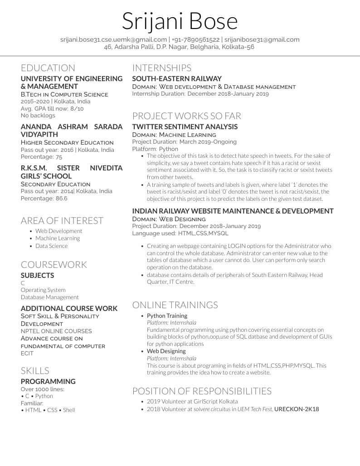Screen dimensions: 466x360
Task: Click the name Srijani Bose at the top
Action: click(x=180, y=21)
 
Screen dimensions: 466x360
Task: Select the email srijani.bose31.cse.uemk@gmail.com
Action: click(x=113, y=40)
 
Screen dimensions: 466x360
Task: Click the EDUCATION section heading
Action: click(x=48, y=68)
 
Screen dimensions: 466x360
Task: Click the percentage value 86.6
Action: click(x=61, y=199)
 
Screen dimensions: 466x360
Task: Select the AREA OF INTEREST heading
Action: click(x=62, y=221)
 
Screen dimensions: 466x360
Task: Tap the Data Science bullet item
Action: click(x=51, y=246)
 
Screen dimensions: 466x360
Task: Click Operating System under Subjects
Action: click(x=43, y=290)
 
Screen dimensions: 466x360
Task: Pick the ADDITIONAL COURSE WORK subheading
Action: click(x=69, y=309)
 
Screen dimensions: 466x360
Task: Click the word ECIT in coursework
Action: click(x=27, y=353)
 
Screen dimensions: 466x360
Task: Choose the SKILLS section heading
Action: click(x=35, y=371)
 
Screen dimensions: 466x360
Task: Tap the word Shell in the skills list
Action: click(x=69, y=410)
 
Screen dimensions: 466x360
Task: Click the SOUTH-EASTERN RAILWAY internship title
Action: click(x=177, y=79)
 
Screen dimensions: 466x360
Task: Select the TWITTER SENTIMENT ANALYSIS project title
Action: click(x=185, y=127)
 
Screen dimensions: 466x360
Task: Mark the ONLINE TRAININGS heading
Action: click(x=175, y=305)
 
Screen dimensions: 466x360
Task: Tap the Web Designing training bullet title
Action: click(x=166, y=351)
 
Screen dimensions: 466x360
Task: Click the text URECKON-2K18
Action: click(x=297, y=409)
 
